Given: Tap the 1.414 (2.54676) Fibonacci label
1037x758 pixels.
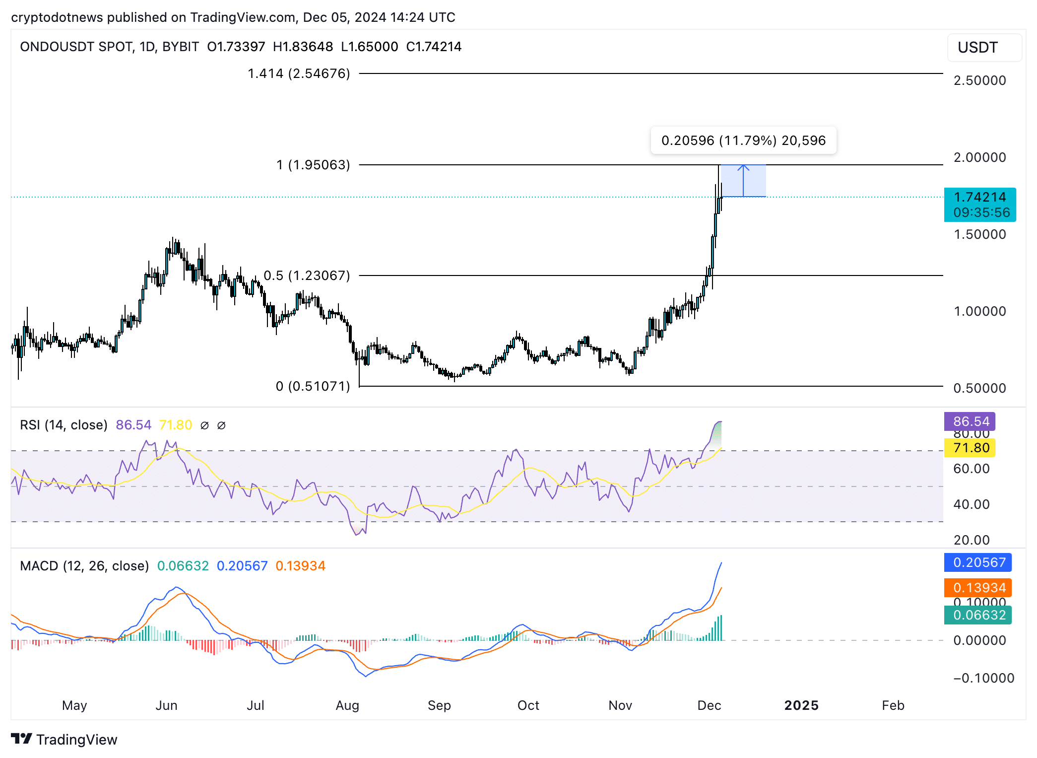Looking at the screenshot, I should coord(299,73).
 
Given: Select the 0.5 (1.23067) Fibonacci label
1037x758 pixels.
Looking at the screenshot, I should coord(307,276).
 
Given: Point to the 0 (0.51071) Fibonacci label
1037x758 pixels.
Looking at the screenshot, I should coord(313,386).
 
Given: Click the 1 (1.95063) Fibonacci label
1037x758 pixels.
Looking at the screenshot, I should coord(313,165).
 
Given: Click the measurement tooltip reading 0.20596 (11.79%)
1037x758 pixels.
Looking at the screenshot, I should coord(743,140).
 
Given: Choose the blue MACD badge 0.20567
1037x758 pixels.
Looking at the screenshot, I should coord(977,562).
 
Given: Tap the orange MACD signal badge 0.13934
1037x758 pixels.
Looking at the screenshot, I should coord(977,588).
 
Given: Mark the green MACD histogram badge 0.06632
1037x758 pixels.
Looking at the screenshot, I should coord(977,615).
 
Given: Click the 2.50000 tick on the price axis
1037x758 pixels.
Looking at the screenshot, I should coord(979,80).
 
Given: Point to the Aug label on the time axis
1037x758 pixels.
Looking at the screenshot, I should coord(347,705).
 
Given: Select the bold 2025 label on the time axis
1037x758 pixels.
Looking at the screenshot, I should coord(801,705).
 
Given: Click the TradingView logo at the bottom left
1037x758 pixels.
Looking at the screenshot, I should coord(64,739).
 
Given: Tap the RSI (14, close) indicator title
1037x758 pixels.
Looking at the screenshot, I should coord(64,425).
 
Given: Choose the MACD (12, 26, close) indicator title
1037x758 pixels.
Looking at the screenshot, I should coord(84,566).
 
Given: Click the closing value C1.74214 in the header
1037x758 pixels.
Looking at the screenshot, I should coord(434,47).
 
